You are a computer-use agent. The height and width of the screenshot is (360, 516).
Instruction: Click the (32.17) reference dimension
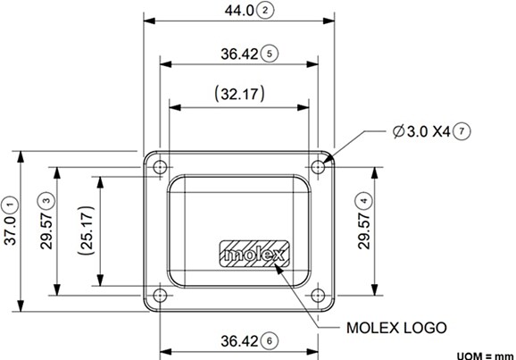click(238, 93)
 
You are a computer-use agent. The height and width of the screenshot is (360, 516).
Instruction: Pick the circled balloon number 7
click(461, 130)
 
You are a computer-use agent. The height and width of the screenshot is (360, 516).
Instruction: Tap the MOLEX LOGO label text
click(395, 327)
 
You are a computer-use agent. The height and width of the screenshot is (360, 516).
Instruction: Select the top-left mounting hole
click(161, 166)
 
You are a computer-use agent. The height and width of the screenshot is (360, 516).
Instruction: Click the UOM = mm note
click(485, 354)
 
